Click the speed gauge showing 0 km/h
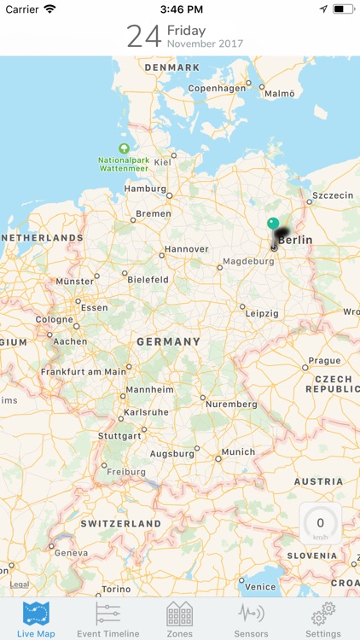tap(320, 525)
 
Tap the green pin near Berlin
tap(273, 224)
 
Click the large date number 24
tap(144, 36)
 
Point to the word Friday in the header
tap(186, 31)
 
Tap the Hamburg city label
tap(144, 189)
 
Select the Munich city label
tap(238, 451)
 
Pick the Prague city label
tap(324, 361)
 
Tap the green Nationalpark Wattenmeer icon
tap(125, 148)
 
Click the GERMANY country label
tap(168, 341)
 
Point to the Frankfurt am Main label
tap(84, 371)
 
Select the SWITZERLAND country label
tap(120, 523)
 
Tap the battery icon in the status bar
tap(343, 9)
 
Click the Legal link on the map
tap(19, 585)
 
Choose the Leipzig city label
tap(262, 313)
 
